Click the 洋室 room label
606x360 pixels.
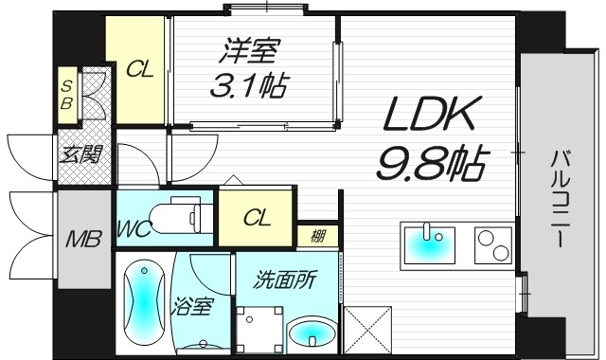coord(249,50)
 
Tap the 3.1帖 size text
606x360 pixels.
coord(249,85)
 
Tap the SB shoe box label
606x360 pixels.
coord(66,93)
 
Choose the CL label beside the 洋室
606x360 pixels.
coord(139,68)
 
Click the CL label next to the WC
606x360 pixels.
coord(257,219)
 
